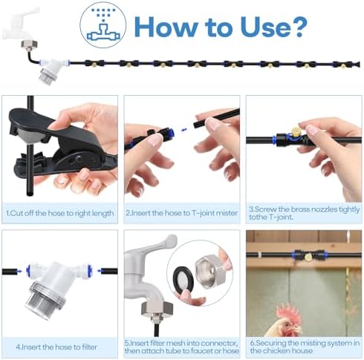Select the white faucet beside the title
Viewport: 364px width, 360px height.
click(x=20, y=24)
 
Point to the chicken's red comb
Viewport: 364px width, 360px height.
click(x=288, y=313)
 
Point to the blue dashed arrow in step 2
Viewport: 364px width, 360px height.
click(x=187, y=128)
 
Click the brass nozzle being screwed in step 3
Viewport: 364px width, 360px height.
click(x=296, y=131)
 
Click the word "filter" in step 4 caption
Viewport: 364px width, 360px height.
click(x=88, y=347)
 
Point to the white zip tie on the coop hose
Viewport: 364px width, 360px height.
click(x=260, y=255)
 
